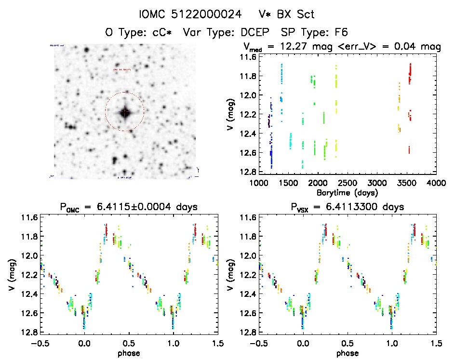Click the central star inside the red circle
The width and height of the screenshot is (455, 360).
(125, 112)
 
